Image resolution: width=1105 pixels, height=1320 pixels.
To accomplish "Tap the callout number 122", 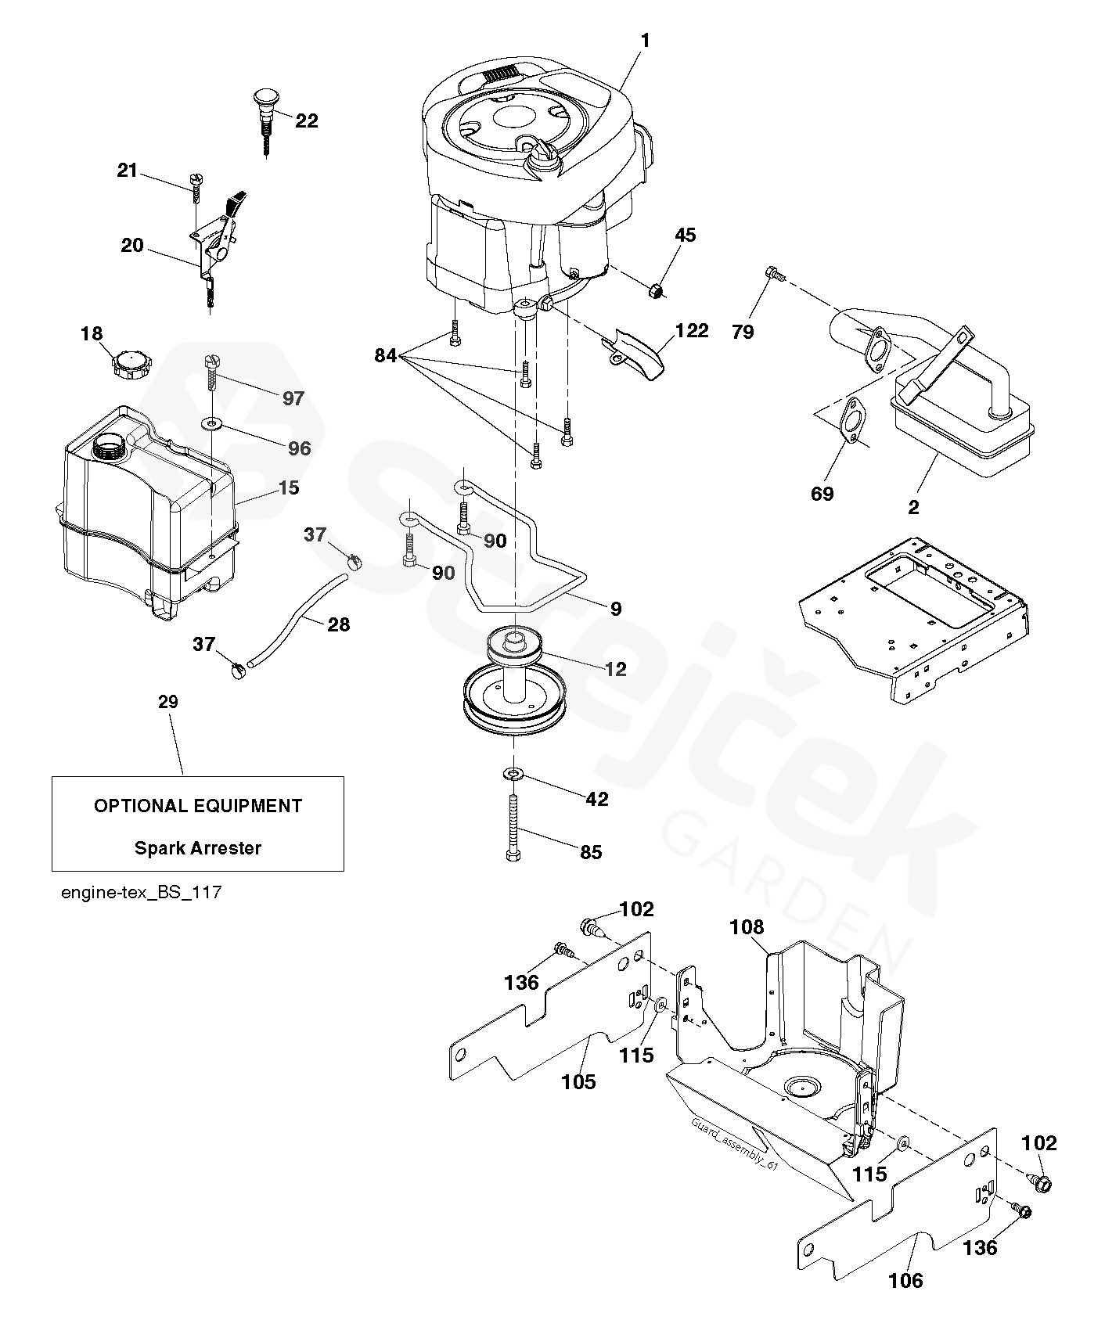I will [x=692, y=330].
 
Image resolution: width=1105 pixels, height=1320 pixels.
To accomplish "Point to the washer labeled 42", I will [x=513, y=774].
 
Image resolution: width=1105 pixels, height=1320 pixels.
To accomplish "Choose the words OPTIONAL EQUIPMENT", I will [x=198, y=805].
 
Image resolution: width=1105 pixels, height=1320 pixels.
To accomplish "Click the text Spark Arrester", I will [x=198, y=847].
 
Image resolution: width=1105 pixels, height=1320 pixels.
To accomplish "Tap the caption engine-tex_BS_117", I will [x=141, y=892].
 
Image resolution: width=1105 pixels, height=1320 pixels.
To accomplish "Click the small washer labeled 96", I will [x=212, y=424].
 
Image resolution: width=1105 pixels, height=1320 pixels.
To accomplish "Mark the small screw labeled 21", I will [x=194, y=187].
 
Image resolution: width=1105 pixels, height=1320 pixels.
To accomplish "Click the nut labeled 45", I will [x=656, y=292].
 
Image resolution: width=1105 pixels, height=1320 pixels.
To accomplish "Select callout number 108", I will [x=746, y=927].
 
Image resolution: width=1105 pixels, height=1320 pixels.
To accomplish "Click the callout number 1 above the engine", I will [x=645, y=40].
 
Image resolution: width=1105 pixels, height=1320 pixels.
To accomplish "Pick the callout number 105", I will [x=578, y=1081].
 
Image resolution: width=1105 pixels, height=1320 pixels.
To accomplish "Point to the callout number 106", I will [x=905, y=1280].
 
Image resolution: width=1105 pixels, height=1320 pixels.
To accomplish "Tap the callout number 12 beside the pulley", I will [x=616, y=669].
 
